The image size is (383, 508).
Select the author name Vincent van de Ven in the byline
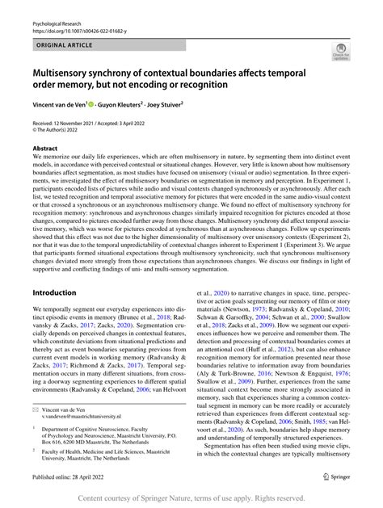click(68, 106)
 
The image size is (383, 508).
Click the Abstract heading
click(45, 149)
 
